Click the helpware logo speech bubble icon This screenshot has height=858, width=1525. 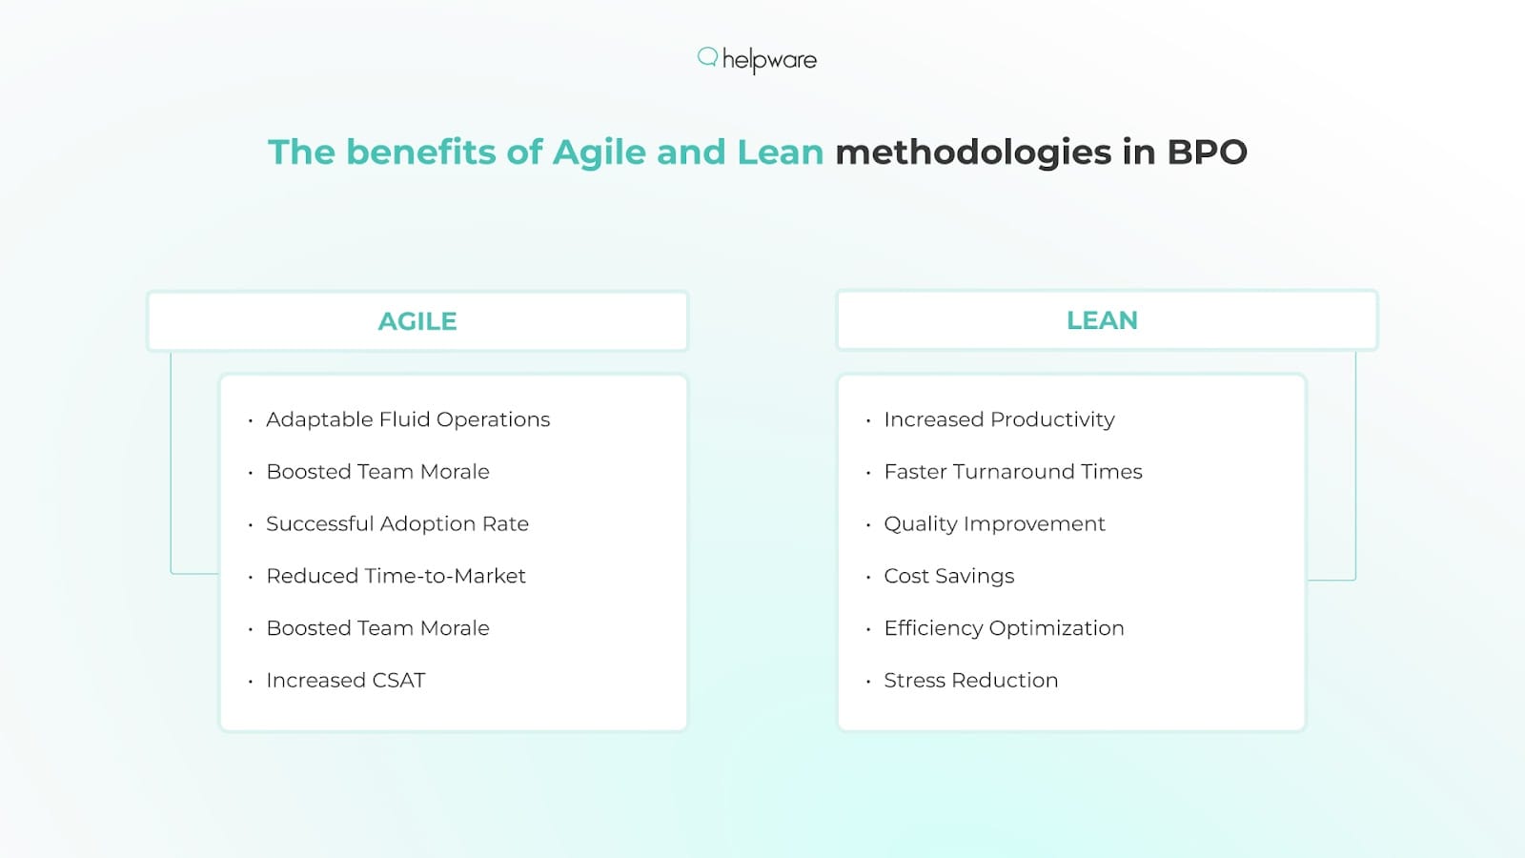(707, 57)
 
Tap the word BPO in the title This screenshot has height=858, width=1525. (1207, 153)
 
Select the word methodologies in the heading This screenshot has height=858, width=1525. (973, 153)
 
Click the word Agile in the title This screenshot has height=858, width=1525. (599, 153)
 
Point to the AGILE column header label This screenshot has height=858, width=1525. (417, 321)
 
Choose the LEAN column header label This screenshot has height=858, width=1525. (1102, 320)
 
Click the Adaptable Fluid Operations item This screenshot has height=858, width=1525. (408, 419)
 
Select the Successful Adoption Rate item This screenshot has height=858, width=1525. (397, 523)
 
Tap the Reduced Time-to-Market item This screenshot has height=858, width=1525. (396, 576)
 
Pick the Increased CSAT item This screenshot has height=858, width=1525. (346, 680)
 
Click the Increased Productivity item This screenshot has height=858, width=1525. (999, 419)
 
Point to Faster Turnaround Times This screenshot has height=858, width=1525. (1013, 472)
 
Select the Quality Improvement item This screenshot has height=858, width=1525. (994, 523)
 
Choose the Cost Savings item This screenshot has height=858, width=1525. (949, 576)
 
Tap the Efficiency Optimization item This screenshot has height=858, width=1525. (1004, 628)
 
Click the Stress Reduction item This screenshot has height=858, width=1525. (971, 680)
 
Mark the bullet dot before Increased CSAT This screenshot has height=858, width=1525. (251, 682)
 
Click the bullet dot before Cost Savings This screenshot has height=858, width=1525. (868, 578)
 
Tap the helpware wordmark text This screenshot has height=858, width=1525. (769, 60)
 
